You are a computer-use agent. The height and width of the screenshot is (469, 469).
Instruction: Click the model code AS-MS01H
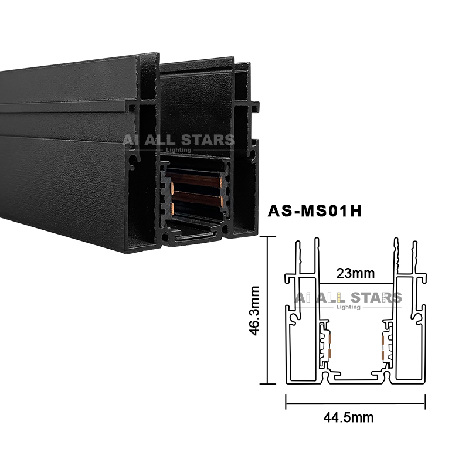coord(315,211)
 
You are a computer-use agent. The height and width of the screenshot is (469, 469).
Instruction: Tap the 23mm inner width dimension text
coord(355,273)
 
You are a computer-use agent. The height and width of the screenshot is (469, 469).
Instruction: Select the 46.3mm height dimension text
coord(254,311)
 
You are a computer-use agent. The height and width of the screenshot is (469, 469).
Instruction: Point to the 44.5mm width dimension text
coord(348,417)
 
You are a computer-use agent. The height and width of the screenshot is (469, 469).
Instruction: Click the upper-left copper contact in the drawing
coord(331,339)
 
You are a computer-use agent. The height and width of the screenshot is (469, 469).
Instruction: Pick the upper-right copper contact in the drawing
coord(383,339)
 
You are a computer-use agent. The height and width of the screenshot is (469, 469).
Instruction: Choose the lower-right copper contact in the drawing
coord(383,355)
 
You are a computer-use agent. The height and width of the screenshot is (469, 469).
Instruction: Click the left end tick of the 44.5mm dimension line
coord(286,402)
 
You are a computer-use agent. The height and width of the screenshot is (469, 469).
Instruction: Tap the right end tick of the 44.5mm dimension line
coord(425,402)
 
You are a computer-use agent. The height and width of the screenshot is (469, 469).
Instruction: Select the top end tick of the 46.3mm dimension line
coord(267,237)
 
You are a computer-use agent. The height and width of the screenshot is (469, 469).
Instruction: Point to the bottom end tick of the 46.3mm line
coord(267,383)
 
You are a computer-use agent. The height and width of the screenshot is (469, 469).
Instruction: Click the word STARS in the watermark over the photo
coord(204,140)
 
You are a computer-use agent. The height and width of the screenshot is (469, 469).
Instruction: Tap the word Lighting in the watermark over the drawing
coord(348,307)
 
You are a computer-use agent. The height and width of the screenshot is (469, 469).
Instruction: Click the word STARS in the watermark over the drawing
coord(376,297)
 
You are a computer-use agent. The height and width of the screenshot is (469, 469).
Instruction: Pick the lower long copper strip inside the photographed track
coord(198,198)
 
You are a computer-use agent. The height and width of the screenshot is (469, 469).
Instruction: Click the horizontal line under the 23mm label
coord(356,283)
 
